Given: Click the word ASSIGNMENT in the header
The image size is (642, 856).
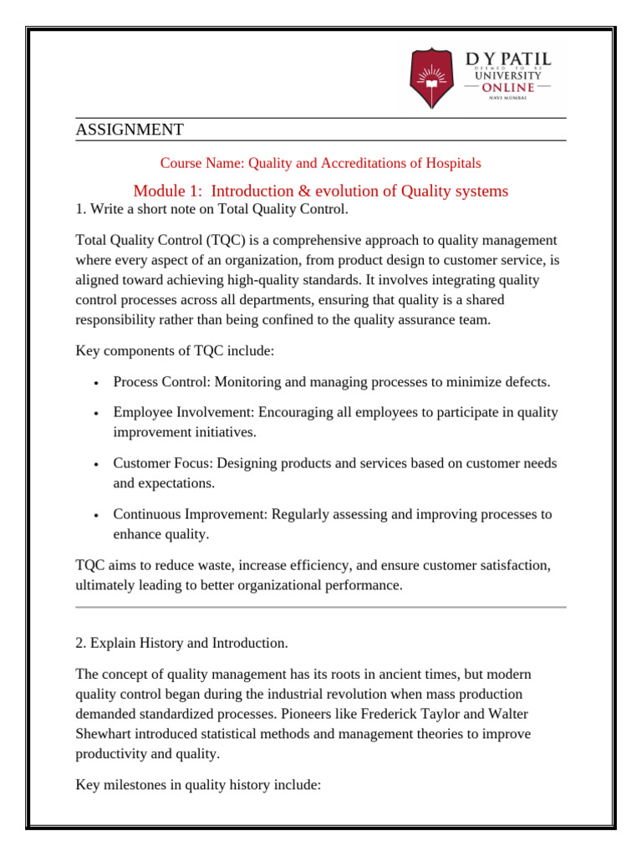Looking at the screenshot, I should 129,130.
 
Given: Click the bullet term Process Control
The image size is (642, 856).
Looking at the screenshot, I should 161,382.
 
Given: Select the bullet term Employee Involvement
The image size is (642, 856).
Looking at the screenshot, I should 184,412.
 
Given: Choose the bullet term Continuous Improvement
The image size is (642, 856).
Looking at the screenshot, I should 190,514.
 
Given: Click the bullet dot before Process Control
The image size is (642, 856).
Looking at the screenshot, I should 97,383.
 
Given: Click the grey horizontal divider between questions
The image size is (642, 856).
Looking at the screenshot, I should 321,607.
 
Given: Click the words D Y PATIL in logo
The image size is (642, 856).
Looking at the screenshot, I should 507,59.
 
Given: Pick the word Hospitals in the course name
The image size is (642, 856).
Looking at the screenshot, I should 452,163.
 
